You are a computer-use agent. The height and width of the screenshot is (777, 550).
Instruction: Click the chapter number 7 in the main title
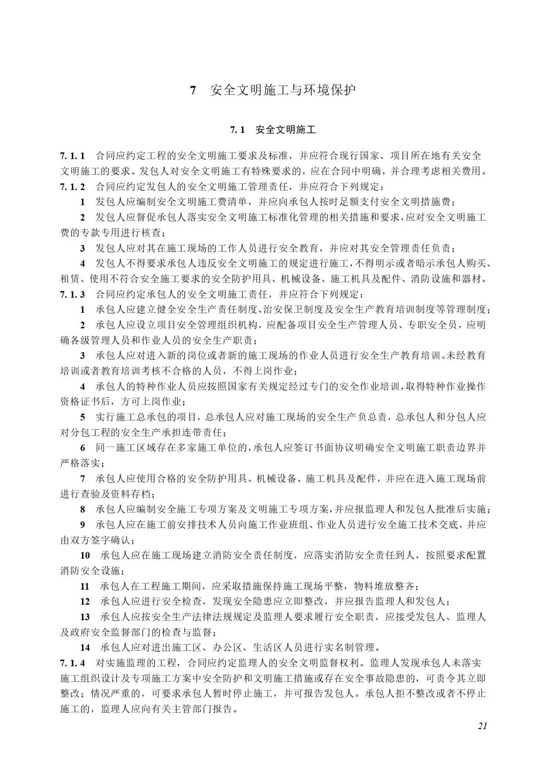click(x=193, y=91)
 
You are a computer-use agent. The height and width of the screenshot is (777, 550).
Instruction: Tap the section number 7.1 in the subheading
click(x=237, y=130)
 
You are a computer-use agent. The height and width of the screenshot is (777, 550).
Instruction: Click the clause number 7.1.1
click(x=73, y=156)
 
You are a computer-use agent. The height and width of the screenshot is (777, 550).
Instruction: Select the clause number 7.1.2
click(x=73, y=186)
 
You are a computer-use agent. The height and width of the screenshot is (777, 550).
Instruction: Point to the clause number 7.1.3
click(x=73, y=294)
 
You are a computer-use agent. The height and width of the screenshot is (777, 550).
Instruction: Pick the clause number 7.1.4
click(x=73, y=663)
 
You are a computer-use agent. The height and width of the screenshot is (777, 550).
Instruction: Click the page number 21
click(x=482, y=726)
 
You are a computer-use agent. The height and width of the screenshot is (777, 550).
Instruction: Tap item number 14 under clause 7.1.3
click(x=85, y=648)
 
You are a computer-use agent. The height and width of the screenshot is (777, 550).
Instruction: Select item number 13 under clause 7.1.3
click(x=85, y=617)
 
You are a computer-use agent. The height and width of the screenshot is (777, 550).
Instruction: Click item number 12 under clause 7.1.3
click(x=85, y=602)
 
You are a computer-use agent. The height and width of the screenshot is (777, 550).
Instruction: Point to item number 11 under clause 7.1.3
click(x=85, y=587)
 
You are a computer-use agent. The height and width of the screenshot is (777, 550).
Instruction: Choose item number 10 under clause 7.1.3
click(x=85, y=556)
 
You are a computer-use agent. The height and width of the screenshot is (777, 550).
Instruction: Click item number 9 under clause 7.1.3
click(x=82, y=525)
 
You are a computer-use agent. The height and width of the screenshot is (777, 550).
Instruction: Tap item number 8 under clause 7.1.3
click(x=82, y=510)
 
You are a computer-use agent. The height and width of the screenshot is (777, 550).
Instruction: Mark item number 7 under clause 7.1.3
click(x=82, y=479)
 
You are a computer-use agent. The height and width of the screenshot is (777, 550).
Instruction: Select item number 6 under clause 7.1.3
click(x=82, y=448)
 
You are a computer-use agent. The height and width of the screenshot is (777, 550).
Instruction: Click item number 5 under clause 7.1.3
click(x=82, y=417)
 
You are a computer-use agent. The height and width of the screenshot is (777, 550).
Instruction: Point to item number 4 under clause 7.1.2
click(x=82, y=263)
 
